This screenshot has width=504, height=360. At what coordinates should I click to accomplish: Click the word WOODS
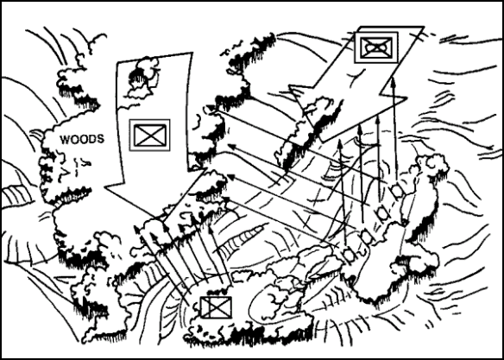click(82, 140)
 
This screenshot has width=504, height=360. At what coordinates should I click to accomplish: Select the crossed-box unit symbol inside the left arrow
click(150, 135)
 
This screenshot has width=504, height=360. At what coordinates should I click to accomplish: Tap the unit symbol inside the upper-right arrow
click(376, 47)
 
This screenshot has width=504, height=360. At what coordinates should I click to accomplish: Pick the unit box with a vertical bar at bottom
click(216, 307)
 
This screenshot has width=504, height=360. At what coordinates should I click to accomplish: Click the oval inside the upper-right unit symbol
click(376, 47)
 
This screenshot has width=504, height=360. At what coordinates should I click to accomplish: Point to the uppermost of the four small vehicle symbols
click(397, 191)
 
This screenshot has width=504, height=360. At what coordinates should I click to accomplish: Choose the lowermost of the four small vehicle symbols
click(348, 255)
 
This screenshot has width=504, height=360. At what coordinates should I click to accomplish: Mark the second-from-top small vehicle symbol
click(382, 212)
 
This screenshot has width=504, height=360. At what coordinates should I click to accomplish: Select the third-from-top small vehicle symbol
click(366, 237)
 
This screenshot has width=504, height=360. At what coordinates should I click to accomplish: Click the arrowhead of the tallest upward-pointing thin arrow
click(394, 81)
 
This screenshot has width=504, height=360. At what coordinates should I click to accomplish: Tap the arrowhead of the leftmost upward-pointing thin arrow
click(340, 144)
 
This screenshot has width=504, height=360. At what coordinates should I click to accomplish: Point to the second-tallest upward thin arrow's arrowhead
click(378, 120)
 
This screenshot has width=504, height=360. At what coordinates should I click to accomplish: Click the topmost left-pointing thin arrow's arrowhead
click(211, 108)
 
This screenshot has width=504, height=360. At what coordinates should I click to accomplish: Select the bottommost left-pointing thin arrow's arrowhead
click(227, 199)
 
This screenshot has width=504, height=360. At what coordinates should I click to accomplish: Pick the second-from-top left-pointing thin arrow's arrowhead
click(232, 147)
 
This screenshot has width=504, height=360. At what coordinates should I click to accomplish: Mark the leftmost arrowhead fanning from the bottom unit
click(137, 230)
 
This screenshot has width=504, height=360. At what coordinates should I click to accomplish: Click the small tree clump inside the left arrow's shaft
click(143, 78)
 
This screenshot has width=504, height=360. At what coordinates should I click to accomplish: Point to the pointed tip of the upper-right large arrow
click(320, 142)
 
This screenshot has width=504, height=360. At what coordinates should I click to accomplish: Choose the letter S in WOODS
click(101, 140)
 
